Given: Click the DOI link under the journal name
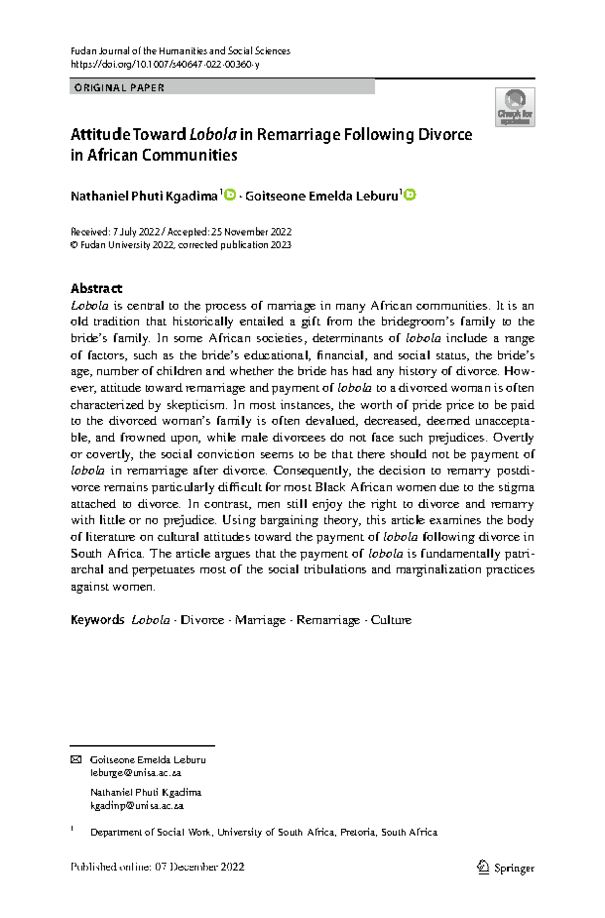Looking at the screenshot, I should (165, 65).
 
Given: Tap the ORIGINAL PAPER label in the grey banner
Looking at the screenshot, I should (119, 88).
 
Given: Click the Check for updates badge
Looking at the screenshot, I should (515, 107).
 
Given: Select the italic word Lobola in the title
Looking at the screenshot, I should (213, 135).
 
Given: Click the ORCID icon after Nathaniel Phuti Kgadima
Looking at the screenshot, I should (230, 195).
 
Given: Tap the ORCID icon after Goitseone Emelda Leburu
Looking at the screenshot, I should (410, 195).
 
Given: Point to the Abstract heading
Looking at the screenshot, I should (96, 289).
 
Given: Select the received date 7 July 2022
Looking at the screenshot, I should (136, 232).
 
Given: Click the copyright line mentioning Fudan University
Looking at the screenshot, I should (181, 245).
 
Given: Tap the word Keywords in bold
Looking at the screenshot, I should (97, 620).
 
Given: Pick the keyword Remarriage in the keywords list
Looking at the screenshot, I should (328, 620).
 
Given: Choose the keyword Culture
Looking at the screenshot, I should (391, 620).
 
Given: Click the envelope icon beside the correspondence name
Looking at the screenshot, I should (76, 760).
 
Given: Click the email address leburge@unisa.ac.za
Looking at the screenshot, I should (136, 773).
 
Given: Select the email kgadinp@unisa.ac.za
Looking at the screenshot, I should (137, 806).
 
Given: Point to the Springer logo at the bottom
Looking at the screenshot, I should (506, 867).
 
